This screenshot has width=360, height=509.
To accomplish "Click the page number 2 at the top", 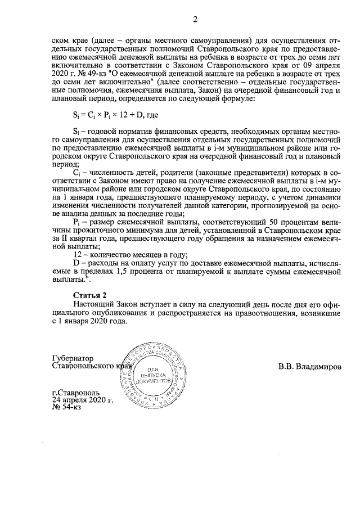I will [195, 20].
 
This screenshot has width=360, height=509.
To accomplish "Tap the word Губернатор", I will [73, 358].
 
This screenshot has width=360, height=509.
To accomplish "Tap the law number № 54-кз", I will [66, 407].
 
